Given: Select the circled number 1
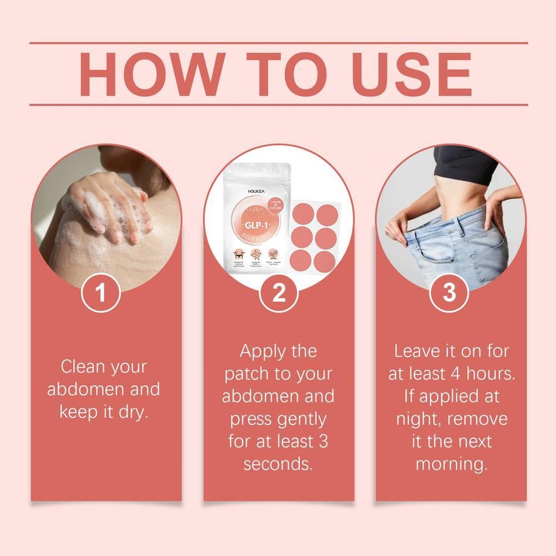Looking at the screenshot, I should (x=101, y=294).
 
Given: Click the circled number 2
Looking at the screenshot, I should (x=279, y=294).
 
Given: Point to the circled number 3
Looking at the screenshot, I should (x=449, y=294).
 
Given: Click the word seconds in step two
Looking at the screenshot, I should (x=279, y=464).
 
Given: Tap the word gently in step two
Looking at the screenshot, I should (x=302, y=419).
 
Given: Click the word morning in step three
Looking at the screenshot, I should (x=451, y=464).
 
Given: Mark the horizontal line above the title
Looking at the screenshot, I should (x=279, y=43).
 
